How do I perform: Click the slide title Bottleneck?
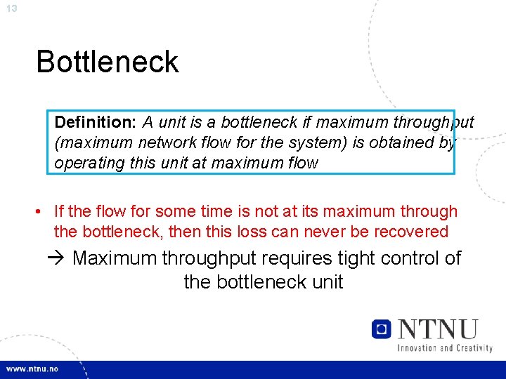(x=108, y=62)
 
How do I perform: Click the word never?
(x=339, y=232)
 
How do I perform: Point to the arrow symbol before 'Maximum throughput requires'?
(x=58, y=258)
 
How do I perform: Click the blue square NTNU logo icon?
(x=382, y=329)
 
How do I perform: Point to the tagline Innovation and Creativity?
(x=445, y=347)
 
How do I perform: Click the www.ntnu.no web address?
(x=32, y=369)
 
